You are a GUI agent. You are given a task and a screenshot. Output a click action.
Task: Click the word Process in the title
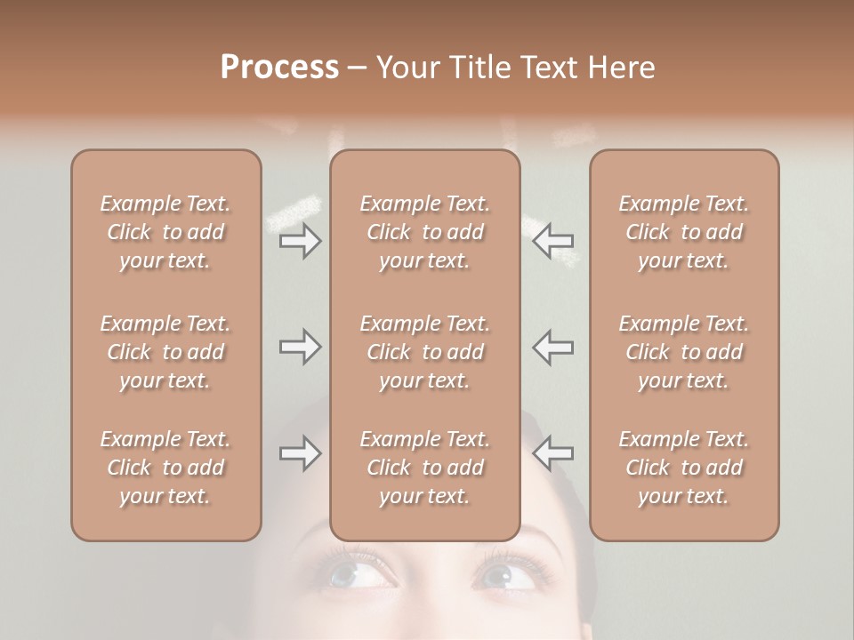(279, 68)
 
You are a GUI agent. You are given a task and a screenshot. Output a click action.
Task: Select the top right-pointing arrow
(301, 241)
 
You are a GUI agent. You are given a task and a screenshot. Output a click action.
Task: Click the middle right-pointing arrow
(301, 347)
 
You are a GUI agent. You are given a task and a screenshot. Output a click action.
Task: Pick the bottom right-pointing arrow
(301, 453)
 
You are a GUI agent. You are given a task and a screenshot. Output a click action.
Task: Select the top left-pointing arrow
(552, 241)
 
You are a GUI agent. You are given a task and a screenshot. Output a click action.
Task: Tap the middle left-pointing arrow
(552, 347)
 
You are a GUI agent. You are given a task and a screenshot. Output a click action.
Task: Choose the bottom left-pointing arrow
(552, 453)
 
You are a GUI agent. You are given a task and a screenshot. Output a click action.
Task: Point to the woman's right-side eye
(508, 575)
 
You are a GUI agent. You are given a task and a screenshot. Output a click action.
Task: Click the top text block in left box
(165, 232)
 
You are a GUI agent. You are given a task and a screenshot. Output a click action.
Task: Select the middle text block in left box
(165, 352)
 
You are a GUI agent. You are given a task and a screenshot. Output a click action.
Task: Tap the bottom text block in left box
(165, 468)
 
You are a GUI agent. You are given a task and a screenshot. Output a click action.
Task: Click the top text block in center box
(425, 232)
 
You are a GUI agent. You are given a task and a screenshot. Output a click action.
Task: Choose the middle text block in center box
(425, 352)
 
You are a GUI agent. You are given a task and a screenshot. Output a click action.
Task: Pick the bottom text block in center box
(425, 468)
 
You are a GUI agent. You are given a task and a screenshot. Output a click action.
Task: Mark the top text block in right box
(684, 232)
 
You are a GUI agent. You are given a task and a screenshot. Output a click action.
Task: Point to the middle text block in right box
(684, 352)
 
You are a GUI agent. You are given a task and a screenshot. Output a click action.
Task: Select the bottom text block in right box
(684, 468)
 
